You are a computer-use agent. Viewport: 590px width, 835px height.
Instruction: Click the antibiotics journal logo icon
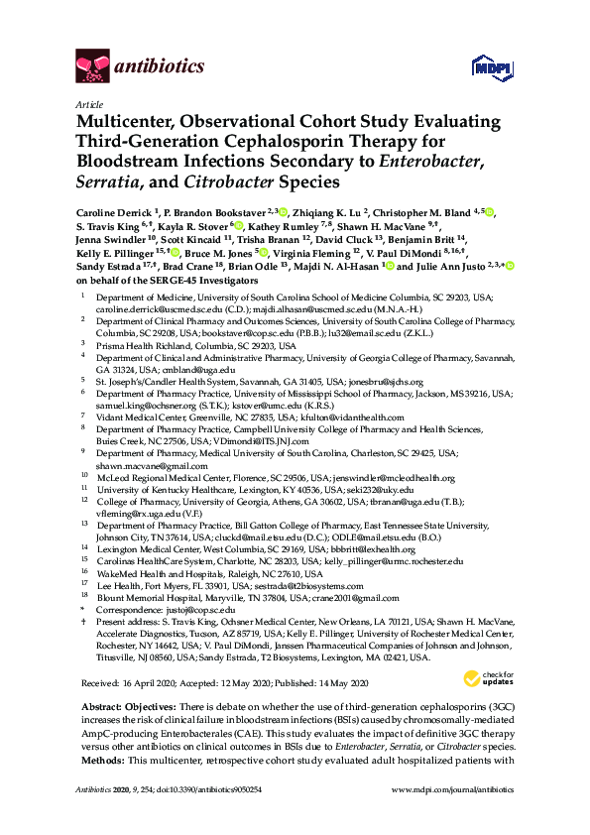tap(91, 66)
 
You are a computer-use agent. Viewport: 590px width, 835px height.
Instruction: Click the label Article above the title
tap(87, 102)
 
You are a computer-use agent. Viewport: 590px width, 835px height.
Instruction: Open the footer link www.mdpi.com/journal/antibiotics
tap(454, 816)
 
